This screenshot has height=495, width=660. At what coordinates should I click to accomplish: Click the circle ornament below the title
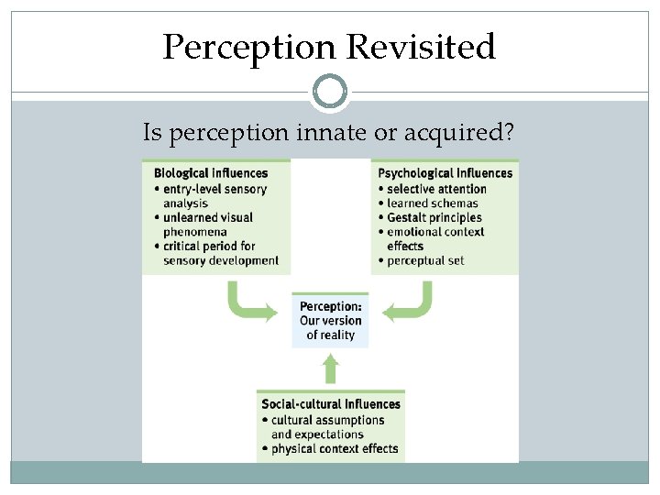click(330, 92)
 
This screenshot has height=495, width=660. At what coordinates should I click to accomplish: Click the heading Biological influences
click(211, 173)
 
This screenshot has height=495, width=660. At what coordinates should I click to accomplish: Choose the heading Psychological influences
click(445, 173)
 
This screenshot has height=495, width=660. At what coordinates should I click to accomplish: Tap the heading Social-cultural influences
click(331, 404)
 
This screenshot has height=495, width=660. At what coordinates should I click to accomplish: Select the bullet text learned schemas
click(433, 203)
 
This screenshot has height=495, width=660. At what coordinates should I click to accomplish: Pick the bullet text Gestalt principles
click(434, 217)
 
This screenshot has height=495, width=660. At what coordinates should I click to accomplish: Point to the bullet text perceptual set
click(425, 260)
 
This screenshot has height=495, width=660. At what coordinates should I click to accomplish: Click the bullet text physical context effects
click(335, 449)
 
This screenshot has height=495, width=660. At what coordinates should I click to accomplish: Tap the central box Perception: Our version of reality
click(331, 321)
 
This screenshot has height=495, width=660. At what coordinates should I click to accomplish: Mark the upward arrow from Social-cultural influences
click(331, 368)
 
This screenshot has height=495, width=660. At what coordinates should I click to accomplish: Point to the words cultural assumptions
click(327, 420)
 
